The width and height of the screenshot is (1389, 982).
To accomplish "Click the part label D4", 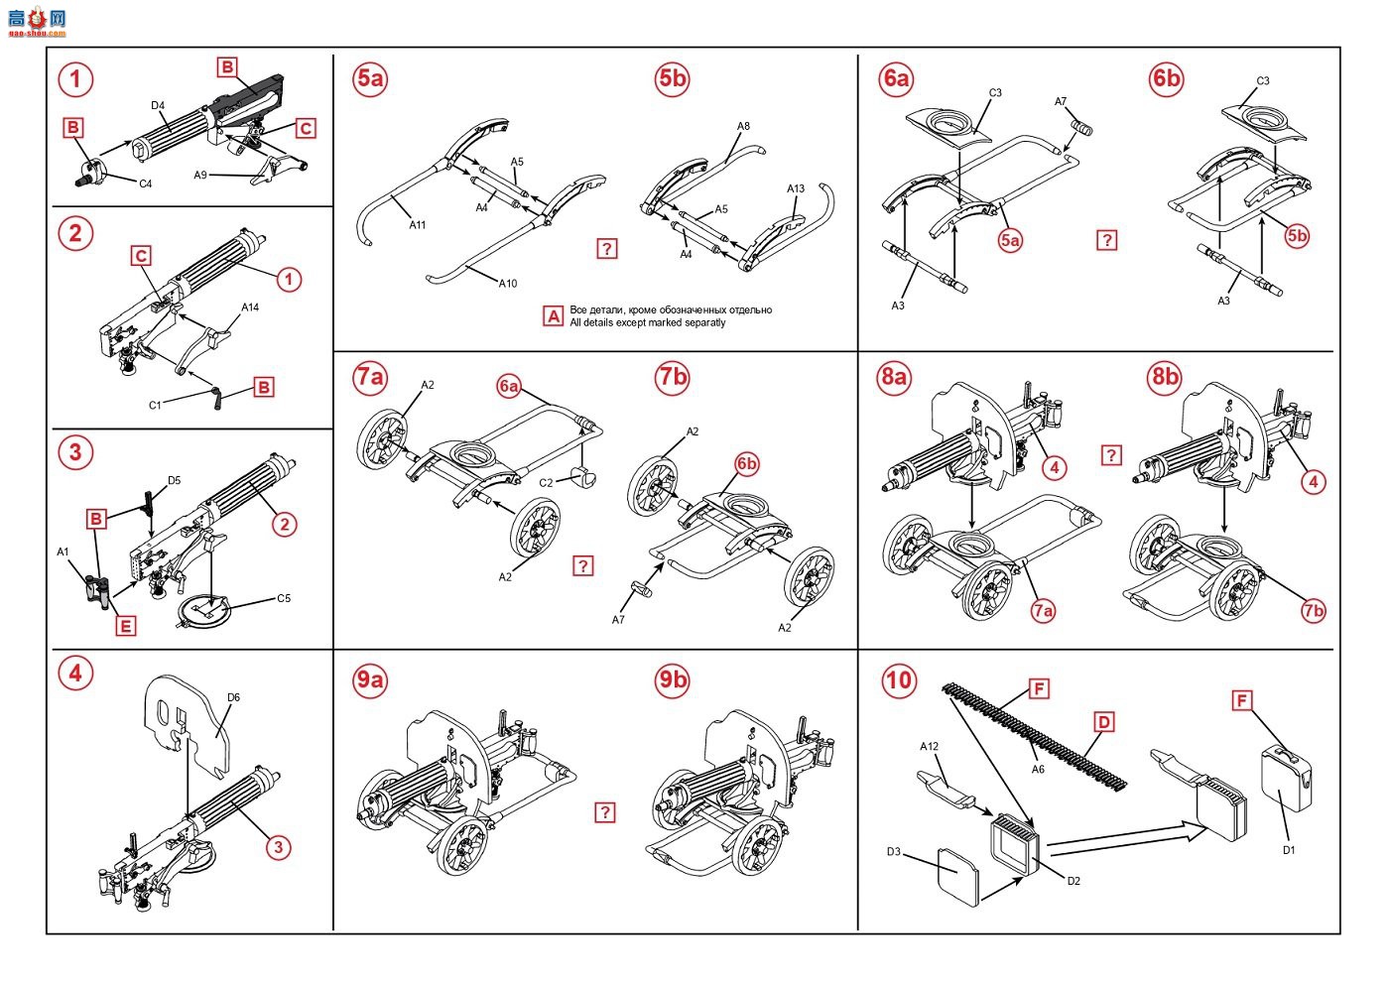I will point(158,106).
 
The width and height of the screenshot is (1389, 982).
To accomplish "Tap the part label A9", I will point(200,176).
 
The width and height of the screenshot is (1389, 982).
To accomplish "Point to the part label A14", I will point(250,307).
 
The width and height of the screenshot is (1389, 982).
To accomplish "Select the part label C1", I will point(155,405).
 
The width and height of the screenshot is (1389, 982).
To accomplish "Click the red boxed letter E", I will point(125,626).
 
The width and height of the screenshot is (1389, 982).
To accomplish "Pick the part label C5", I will point(284,598).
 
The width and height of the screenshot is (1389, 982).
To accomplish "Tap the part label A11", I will point(418,225).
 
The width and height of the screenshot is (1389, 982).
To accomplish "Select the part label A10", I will point(507,284).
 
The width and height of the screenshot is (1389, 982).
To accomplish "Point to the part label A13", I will point(796,188).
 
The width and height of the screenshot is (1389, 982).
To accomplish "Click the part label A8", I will point(744,127).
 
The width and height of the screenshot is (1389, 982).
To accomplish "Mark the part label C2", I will point(546,483).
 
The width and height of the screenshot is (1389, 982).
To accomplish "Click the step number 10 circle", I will point(898,679).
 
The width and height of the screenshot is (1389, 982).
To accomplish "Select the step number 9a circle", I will point(370,679).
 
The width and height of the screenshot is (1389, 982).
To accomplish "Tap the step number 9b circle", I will point(673,679).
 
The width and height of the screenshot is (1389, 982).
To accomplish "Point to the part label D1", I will point(1289,850).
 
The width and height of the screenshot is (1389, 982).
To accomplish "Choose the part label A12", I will point(929,746).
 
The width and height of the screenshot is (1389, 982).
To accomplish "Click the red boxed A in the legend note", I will point(554,316).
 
